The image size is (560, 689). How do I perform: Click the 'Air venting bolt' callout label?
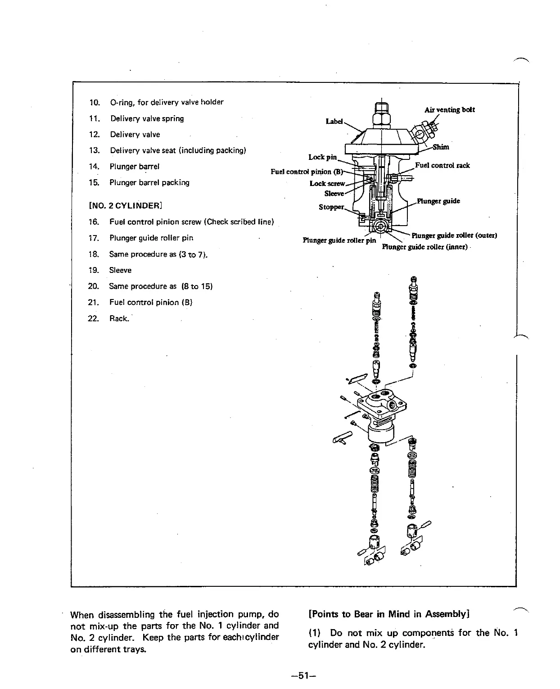(449, 110)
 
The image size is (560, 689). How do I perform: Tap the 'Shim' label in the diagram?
(441, 147)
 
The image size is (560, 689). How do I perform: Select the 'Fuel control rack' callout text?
(442, 165)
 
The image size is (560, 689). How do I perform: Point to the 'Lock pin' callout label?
(322, 157)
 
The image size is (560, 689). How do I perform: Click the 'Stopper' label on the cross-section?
(331, 207)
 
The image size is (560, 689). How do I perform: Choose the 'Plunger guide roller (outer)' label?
(454, 235)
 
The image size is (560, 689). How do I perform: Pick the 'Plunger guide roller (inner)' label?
(425, 247)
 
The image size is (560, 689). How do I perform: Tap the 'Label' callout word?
(334, 122)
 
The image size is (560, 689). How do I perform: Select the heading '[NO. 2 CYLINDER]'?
(125, 206)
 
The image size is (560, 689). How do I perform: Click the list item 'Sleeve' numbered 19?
(120, 270)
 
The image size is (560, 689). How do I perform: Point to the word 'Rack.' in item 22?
(119, 319)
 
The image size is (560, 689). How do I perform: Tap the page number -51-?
(305, 675)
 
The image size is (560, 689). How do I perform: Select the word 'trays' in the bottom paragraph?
(136, 649)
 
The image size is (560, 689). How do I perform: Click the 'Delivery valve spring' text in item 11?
(147, 119)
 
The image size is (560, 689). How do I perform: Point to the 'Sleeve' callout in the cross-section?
(334, 193)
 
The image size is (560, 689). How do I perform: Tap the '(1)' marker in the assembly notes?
(315, 633)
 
